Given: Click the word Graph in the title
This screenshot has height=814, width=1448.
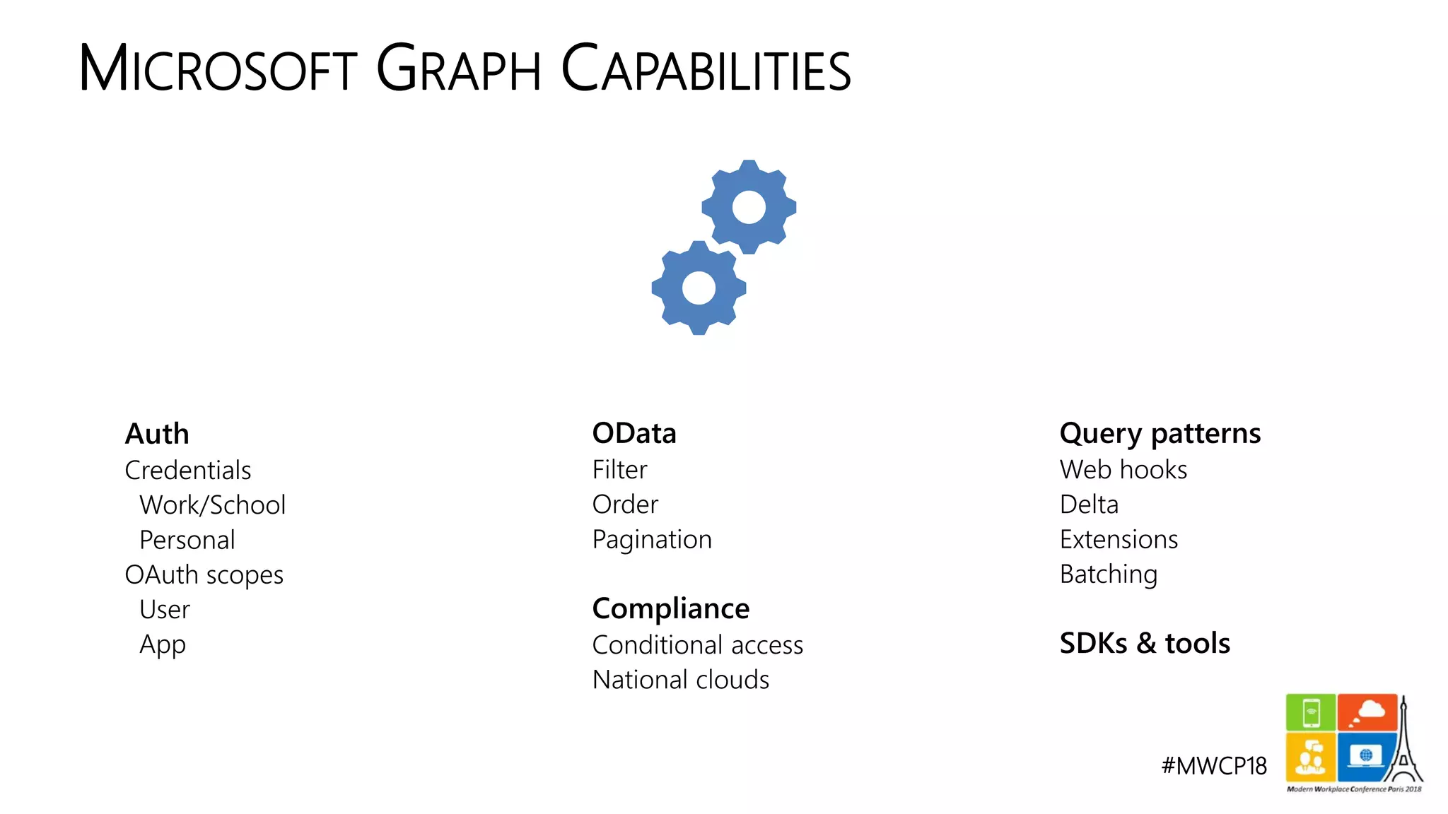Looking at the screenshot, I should click(x=458, y=69).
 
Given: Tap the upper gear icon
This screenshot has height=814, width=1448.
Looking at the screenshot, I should click(x=749, y=207).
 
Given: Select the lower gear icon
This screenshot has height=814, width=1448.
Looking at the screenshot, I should click(x=699, y=288).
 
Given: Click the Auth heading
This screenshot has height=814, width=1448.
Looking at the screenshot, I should click(x=157, y=434).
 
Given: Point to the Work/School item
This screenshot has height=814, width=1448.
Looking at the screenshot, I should click(x=212, y=505).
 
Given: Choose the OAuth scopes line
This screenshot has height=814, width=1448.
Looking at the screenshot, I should click(x=204, y=575).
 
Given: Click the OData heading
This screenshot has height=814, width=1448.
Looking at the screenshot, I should click(x=634, y=433).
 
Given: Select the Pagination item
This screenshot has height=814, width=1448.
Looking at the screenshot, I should click(x=652, y=540).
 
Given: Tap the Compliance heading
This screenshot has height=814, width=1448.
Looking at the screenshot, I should click(x=670, y=608).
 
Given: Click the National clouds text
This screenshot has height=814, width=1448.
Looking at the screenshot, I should click(x=680, y=680).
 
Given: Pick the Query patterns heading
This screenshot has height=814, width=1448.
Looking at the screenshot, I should click(x=1160, y=433).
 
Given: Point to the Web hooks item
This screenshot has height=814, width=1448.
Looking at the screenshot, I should click(x=1123, y=470).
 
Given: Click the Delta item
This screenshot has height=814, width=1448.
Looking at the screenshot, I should click(x=1089, y=505).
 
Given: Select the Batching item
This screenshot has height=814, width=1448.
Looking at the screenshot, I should click(x=1108, y=574).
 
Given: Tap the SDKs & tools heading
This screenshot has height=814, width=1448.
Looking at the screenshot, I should click(x=1145, y=644).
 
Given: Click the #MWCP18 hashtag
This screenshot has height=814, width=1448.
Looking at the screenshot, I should click(x=1214, y=766).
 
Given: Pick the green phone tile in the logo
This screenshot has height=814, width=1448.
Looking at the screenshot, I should click(x=1310, y=712).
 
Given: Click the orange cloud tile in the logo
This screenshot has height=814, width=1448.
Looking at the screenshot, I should click(x=1367, y=712).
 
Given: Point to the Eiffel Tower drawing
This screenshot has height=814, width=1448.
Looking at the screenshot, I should click(x=1404, y=749).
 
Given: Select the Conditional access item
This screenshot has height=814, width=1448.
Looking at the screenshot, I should click(x=697, y=645).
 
